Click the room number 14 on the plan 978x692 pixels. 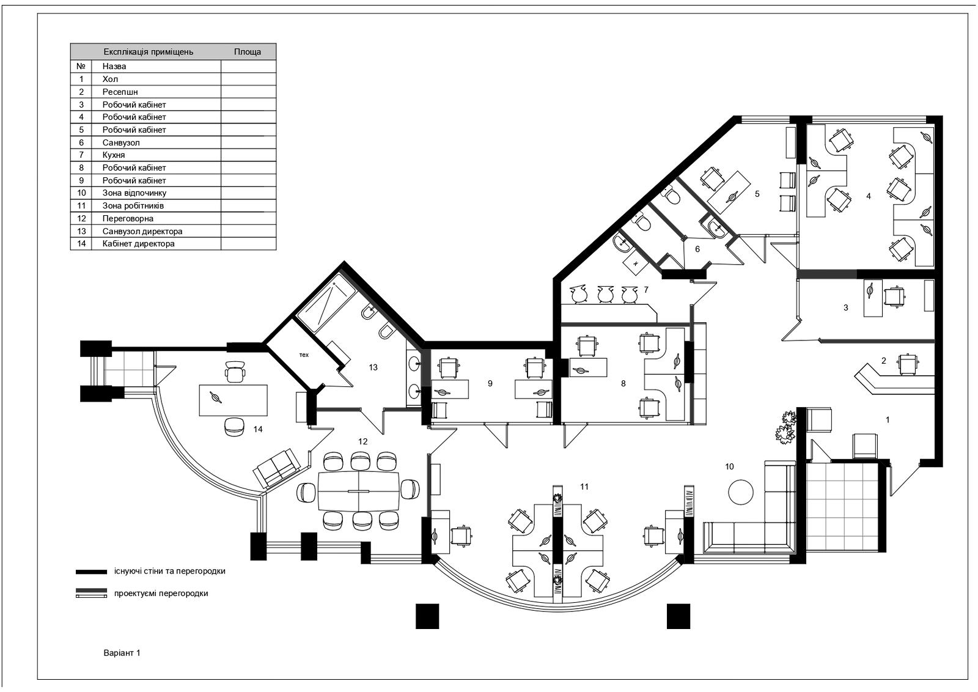258,430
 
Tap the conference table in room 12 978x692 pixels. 359,491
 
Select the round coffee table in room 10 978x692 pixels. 741,492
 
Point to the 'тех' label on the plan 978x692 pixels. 304,355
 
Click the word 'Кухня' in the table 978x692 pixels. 114,155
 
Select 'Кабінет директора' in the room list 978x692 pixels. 138,244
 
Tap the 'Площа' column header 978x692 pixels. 248,52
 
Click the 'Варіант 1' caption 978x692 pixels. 122,653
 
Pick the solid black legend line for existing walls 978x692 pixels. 91,572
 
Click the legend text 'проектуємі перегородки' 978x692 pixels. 161,594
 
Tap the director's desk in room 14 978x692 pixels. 233,400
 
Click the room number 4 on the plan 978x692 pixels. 869,196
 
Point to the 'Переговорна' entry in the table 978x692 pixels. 128,218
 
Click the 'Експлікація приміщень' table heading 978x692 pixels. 149,52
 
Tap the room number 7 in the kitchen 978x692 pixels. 646,290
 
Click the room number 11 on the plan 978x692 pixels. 584,487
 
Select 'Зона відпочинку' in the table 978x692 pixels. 134,193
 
